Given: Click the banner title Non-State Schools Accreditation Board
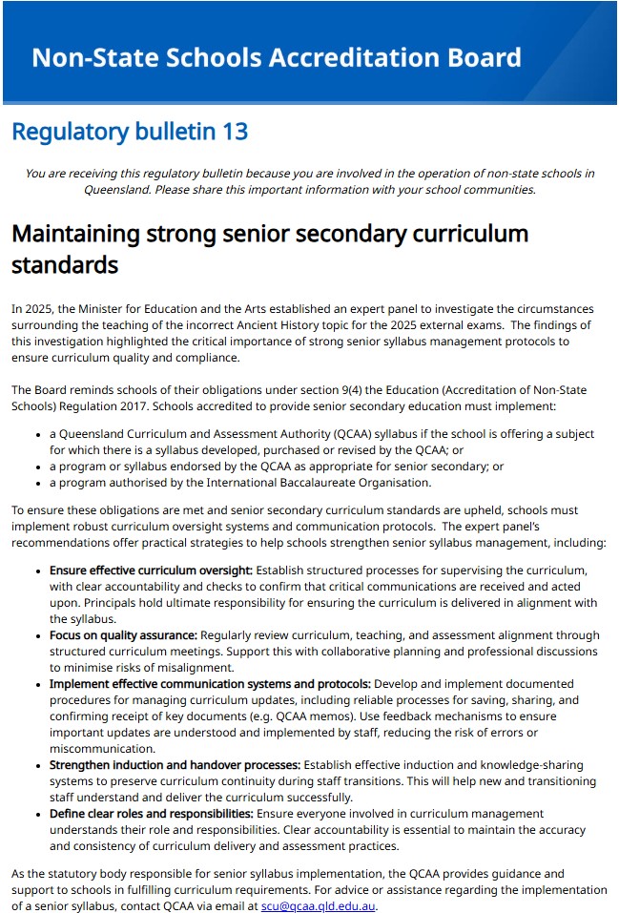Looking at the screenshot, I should (x=276, y=57).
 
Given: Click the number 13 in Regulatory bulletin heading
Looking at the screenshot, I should (x=235, y=132).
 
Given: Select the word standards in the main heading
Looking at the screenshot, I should (x=64, y=264).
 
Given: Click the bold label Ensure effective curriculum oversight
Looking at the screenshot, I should (x=151, y=571).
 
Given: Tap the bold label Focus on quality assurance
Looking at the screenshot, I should (x=123, y=635).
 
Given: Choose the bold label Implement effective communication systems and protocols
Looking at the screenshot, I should (x=210, y=684).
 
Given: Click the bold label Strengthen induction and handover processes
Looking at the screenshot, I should (x=175, y=765).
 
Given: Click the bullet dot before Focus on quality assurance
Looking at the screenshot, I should (x=37, y=636).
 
